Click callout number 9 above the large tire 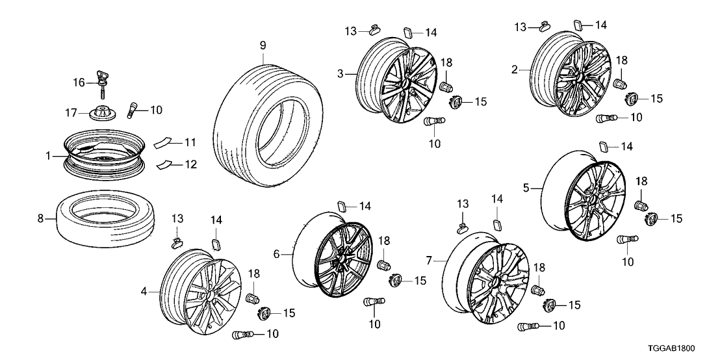point(263,45)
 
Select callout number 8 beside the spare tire point(42,219)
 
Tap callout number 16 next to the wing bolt point(79,82)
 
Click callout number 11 point(190,142)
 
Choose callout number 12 point(190,165)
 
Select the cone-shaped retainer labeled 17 point(103,112)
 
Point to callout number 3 point(340,74)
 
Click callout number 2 point(514,68)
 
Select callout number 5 point(527,188)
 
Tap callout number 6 point(277,255)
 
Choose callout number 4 point(144,292)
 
